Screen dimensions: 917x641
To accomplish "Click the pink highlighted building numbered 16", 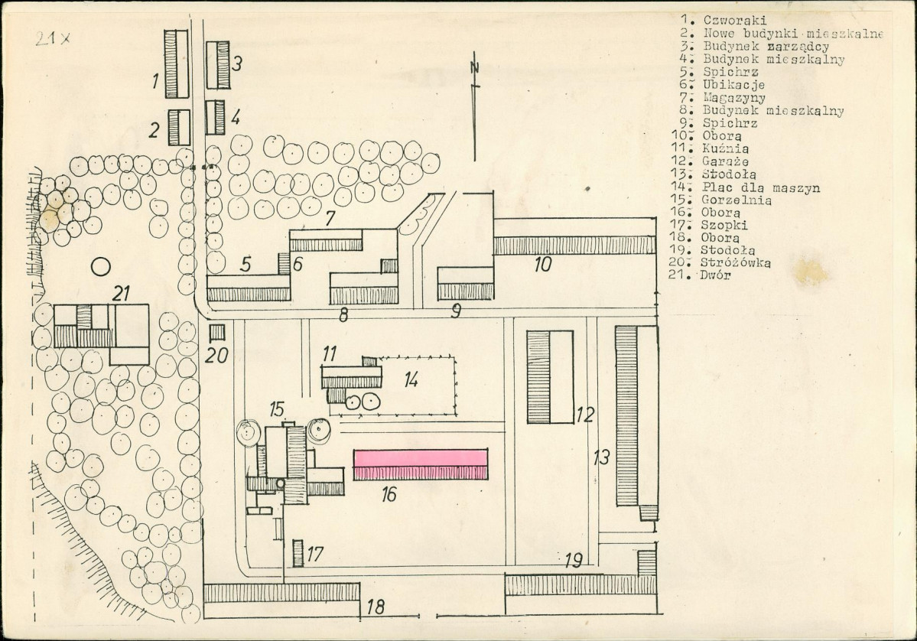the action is [x=421, y=464].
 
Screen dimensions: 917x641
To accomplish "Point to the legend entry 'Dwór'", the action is [x=715, y=275].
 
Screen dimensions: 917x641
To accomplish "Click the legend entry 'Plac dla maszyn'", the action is [x=761, y=187].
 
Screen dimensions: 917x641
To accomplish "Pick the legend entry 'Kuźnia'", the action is [x=726, y=148].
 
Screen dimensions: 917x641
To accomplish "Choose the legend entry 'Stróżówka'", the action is [x=735, y=262].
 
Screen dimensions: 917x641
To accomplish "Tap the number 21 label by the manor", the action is [x=121, y=293].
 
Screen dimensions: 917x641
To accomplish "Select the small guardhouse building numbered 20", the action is [x=217, y=332].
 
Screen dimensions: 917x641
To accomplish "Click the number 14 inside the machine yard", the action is [x=411, y=380].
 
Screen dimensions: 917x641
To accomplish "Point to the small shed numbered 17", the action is [x=298, y=553].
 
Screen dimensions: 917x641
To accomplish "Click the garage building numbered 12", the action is [x=550, y=376].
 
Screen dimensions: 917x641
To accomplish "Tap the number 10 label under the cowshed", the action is [x=543, y=265].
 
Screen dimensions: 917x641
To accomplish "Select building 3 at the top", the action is [x=217, y=65].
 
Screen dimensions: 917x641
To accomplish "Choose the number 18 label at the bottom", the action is [x=376, y=607].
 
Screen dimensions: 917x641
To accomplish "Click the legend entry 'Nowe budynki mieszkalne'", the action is [x=793, y=34].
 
